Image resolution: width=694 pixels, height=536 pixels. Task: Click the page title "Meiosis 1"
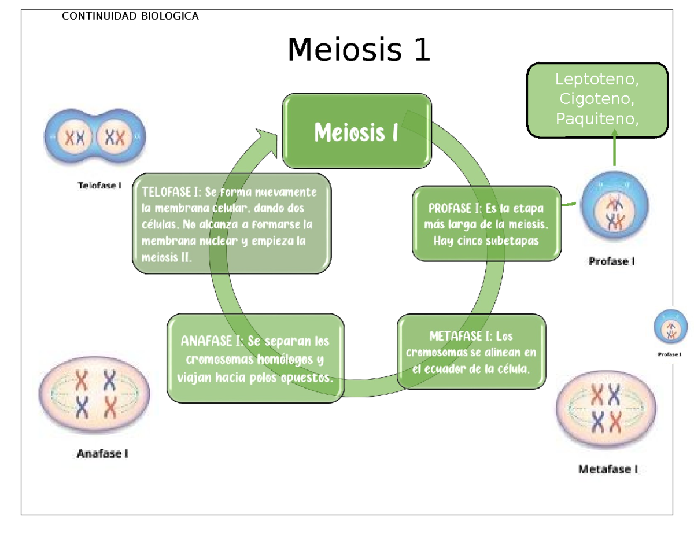coord(359,51)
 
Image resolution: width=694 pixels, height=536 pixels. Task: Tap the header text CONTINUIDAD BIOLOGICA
coord(130,16)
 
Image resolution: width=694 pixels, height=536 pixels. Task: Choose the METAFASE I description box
coord(471,352)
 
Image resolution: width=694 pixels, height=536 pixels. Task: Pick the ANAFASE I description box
coord(256,357)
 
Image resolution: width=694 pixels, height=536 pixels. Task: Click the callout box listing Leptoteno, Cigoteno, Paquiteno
coord(597,99)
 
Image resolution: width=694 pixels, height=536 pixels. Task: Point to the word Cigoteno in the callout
coord(597,99)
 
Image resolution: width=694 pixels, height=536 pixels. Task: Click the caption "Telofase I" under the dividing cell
coord(99,186)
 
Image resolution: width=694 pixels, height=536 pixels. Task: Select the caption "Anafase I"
coord(102,454)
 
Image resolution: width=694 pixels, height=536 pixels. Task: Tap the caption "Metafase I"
coord(608,470)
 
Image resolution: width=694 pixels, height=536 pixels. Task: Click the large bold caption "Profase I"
coord(612,261)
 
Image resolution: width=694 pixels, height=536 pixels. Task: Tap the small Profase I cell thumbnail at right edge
coord(671,328)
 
